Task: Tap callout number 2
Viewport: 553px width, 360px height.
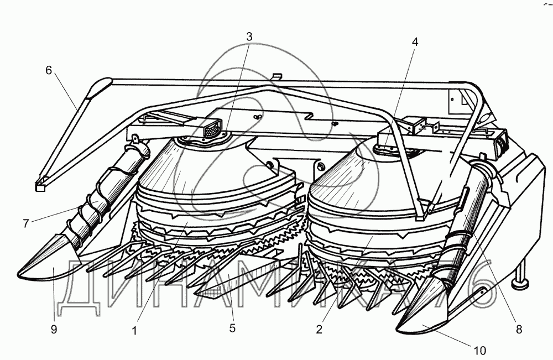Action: (319, 330)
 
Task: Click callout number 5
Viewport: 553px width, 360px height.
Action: (232, 328)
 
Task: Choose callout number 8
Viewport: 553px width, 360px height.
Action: (518, 330)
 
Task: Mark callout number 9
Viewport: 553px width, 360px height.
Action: (54, 330)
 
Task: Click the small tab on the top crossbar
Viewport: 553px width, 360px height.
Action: (277, 75)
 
